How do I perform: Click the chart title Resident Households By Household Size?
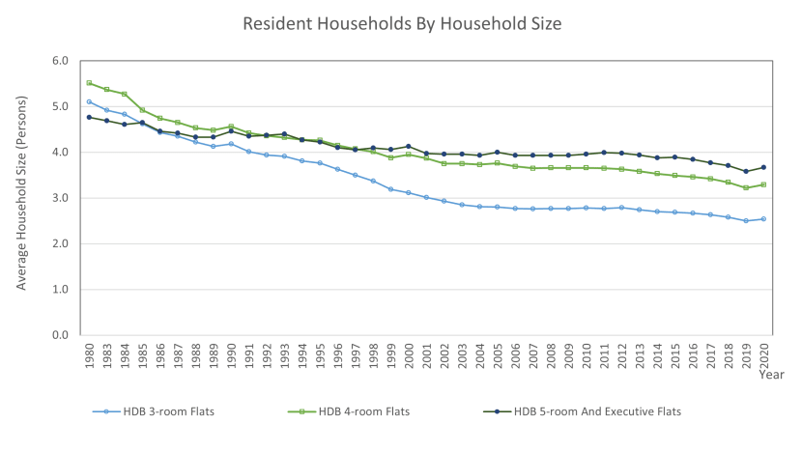[x=401, y=21]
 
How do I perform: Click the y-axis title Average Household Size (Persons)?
[x=21, y=197]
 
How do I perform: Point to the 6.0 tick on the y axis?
[x=60, y=61]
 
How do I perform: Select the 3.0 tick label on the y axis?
[x=60, y=198]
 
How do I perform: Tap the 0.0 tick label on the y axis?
[x=60, y=335]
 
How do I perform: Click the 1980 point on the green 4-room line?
[x=90, y=83]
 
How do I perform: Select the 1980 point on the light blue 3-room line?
[x=90, y=101]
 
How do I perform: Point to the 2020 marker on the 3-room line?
[x=763, y=219]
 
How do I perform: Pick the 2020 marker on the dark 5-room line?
[x=763, y=167]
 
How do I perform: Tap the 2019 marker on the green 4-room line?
[x=746, y=187]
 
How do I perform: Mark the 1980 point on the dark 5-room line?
[x=90, y=117]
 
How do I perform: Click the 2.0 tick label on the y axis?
[x=60, y=243]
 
